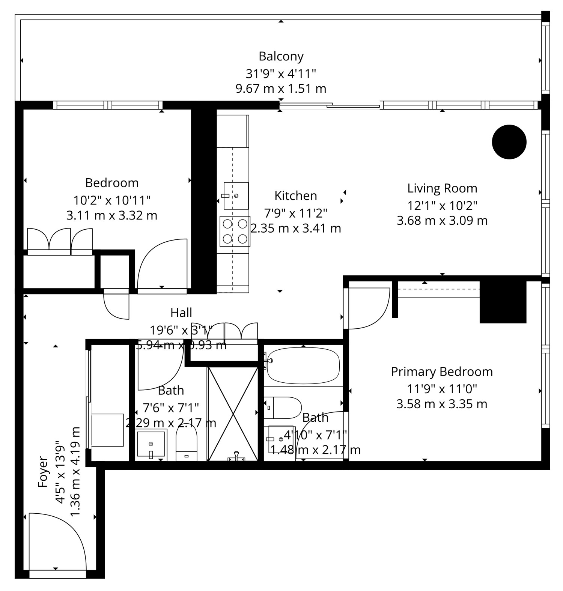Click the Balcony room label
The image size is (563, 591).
tap(281, 56)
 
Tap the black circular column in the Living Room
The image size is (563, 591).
tap(509, 142)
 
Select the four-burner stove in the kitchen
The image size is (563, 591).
tap(235, 232)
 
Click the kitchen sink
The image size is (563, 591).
tap(236, 195)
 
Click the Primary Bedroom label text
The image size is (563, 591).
tap(442, 371)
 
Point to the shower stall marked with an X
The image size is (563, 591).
tap(233, 414)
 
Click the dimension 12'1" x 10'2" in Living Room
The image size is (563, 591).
tap(442, 205)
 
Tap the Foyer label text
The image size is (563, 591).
tap(43, 472)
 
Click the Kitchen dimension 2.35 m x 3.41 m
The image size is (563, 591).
tap(296, 228)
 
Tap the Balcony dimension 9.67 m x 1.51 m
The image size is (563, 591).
tap(281, 89)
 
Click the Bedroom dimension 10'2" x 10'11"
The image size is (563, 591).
tap(112, 200)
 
